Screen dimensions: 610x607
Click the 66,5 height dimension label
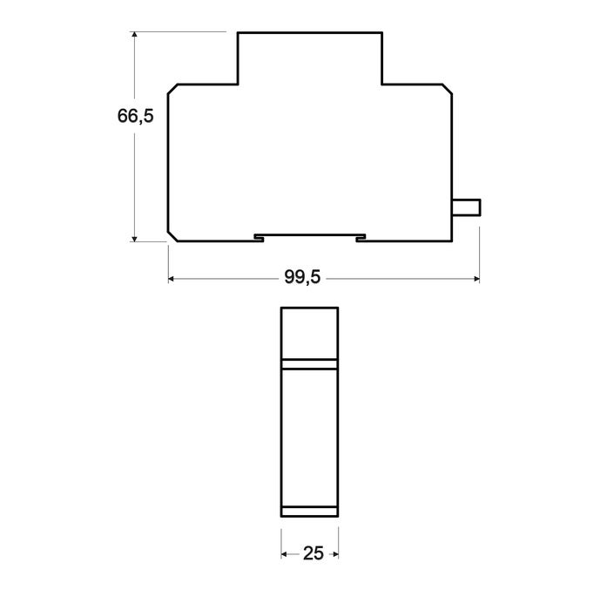(135, 116)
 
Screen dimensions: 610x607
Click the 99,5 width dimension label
(302, 278)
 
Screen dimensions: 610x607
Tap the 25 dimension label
(309, 552)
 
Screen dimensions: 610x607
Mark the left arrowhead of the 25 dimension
(284, 552)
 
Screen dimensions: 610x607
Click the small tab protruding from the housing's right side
(466, 207)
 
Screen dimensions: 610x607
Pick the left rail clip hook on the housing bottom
(259, 237)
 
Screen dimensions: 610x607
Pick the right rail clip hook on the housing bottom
(361, 237)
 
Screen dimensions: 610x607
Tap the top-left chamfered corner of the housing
(172, 90)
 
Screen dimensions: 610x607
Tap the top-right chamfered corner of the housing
(448, 90)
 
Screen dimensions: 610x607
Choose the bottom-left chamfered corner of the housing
(172, 236)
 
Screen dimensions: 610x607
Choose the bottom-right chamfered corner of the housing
(448, 236)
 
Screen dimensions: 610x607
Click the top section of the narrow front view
(309, 334)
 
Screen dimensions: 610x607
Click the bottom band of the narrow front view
(309, 512)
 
